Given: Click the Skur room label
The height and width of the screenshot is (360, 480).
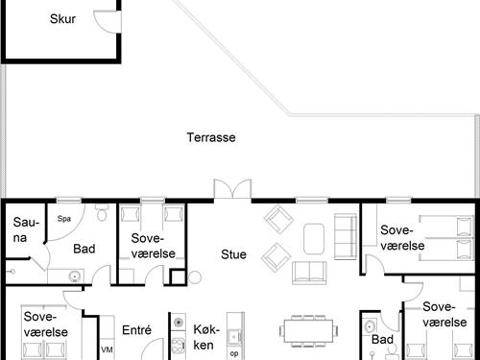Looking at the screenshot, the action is click(x=62, y=19).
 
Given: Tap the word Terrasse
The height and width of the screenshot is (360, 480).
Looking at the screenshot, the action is click(x=211, y=137).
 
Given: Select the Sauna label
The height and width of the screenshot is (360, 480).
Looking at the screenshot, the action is click(x=26, y=229).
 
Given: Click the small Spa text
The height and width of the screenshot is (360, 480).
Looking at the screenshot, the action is click(x=64, y=219).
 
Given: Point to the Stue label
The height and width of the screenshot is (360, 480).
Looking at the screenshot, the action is click(x=233, y=254).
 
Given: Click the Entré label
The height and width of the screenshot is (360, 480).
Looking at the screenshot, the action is click(x=136, y=330).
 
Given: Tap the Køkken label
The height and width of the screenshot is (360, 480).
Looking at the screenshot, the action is click(x=206, y=337).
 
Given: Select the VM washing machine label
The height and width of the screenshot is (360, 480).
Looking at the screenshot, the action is click(x=107, y=349).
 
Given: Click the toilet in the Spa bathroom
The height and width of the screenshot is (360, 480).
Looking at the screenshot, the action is click(x=102, y=212).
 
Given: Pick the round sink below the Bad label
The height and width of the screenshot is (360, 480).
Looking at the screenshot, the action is click(x=75, y=276).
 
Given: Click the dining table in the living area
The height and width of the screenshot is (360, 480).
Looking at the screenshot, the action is click(x=309, y=331).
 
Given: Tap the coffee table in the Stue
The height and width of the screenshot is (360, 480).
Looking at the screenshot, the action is click(x=314, y=239).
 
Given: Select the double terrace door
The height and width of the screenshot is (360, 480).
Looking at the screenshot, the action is click(x=232, y=189).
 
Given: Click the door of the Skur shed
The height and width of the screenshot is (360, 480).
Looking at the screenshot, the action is click(x=108, y=21).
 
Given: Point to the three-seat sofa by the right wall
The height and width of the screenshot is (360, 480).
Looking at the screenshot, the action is click(x=346, y=236).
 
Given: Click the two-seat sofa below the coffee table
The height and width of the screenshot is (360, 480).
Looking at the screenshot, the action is click(x=309, y=273).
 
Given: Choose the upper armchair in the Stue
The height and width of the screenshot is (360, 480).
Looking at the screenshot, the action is click(x=278, y=220).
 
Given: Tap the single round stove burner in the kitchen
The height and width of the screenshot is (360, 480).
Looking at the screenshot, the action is click(x=178, y=322).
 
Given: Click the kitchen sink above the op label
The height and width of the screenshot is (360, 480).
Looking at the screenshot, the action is click(x=234, y=337).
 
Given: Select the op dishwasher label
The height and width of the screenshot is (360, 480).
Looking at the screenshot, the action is click(x=234, y=353).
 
